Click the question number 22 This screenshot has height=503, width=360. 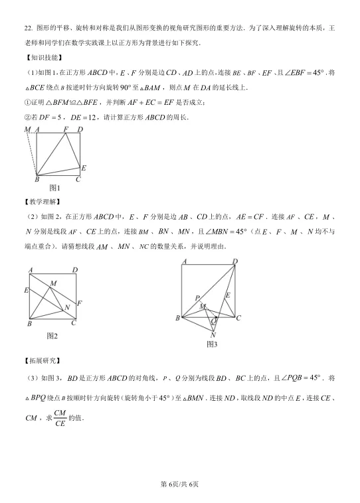click(x=27, y=29)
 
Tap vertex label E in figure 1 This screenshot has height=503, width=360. click(x=84, y=169)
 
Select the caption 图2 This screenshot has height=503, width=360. click(x=52, y=336)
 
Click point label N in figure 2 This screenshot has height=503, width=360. click(x=66, y=308)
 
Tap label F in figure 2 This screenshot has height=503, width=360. click(x=80, y=303)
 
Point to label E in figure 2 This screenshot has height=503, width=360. click(x=26, y=291)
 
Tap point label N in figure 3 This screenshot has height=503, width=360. click(x=213, y=335)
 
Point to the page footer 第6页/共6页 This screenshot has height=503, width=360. click(x=180, y=484)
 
